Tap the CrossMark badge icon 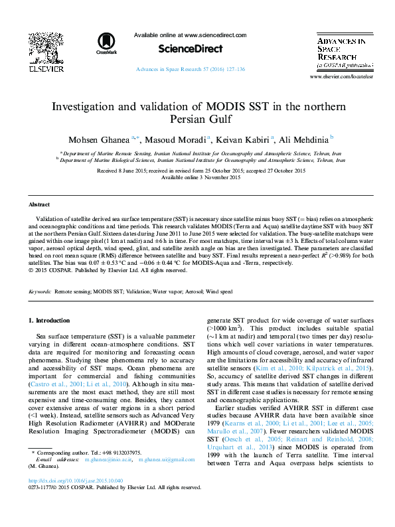pos(106,42)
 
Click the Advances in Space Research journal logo pos(341,53)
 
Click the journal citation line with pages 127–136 pos(190,69)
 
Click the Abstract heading pos(39,205)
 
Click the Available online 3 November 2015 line pos(197,177)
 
